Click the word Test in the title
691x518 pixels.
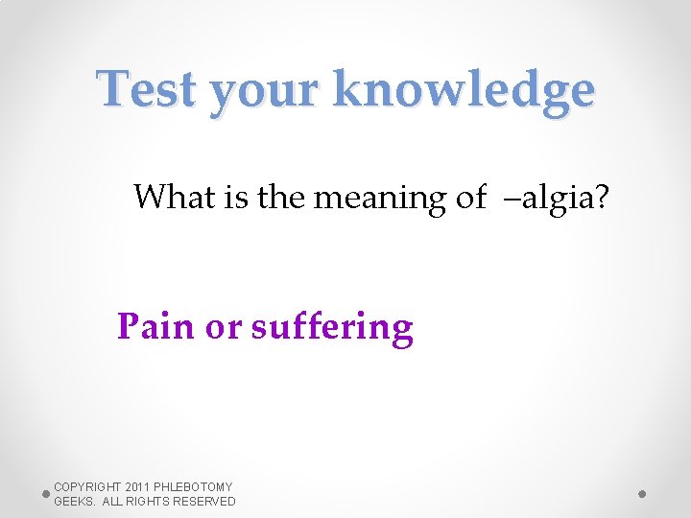point(148,90)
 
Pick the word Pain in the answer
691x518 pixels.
point(155,327)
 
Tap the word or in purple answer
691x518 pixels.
point(223,329)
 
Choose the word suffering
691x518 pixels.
point(332,329)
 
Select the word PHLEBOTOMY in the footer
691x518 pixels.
point(201,487)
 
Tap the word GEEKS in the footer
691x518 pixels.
point(74,502)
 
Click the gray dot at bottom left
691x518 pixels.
point(45,494)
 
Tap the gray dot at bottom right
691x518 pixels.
point(642,494)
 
